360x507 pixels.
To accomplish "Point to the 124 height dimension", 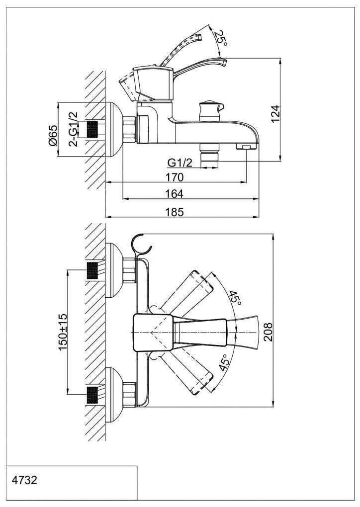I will [276, 113].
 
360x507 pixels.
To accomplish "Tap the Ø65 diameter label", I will [53, 135].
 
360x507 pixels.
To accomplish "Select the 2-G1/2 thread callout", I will [73, 129].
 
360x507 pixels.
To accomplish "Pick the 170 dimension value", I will [175, 177].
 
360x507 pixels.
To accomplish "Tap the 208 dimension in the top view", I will [268, 331].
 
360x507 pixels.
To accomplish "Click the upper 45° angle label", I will [235, 298].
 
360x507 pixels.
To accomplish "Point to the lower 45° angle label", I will [224, 363].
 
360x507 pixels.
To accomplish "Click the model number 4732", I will [24, 481].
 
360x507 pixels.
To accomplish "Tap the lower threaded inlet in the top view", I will [92, 395].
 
